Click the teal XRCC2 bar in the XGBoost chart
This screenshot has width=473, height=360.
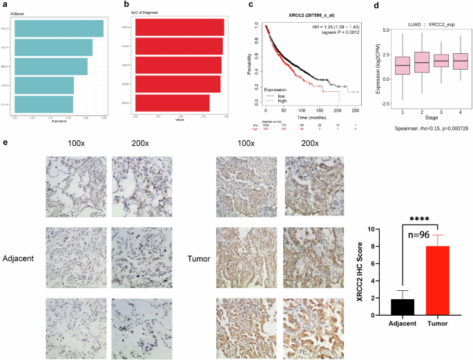(x=59, y=29)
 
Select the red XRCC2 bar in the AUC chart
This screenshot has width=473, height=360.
(x=180, y=28)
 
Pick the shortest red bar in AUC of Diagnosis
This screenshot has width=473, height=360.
(x=173, y=102)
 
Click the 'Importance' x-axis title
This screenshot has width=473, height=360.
(x=59, y=120)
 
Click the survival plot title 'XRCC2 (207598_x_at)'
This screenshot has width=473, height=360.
(x=310, y=15)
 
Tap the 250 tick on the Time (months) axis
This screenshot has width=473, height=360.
(x=355, y=110)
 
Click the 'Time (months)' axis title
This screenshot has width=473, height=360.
(x=311, y=117)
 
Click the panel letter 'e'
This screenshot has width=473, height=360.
(x=6, y=142)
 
